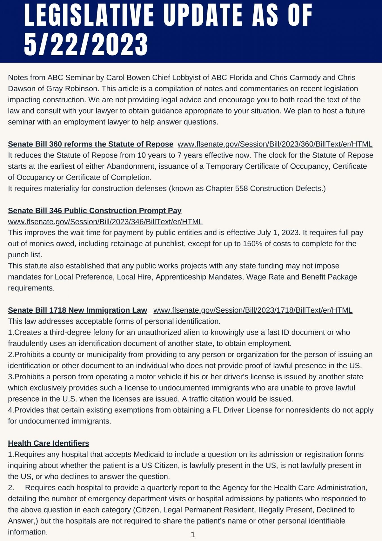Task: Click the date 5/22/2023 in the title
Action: click(x=86, y=44)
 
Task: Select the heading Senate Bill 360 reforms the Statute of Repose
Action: click(x=90, y=144)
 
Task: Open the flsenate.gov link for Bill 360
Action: click(x=275, y=144)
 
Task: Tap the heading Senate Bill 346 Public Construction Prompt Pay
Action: click(x=95, y=210)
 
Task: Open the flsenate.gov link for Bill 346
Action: click(x=105, y=222)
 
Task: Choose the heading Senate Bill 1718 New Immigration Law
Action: click(x=77, y=310)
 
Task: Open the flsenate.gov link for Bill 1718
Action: click(x=253, y=310)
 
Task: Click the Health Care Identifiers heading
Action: click(x=48, y=443)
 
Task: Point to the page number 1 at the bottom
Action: click(x=193, y=535)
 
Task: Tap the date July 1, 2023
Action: click(x=278, y=232)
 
